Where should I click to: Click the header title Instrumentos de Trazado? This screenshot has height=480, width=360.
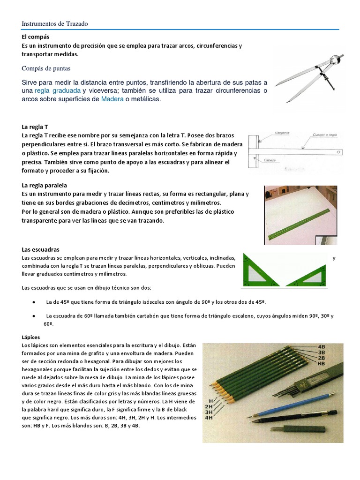pyautogui.click(x=55, y=23)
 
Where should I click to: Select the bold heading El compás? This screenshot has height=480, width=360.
pyautogui.click(x=36, y=36)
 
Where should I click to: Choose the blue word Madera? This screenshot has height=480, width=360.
pyautogui.click(x=114, y=99)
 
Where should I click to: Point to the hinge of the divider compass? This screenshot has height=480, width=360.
pyautogui.click(x=334, y=60)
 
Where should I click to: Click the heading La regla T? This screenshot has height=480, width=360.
pyautogui.click(x=35, y=127)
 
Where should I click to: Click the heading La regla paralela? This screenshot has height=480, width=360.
pyautogui.click(x=44, y=185)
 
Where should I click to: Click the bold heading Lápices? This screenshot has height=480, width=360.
pyautogui.click(x=31, y=337)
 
